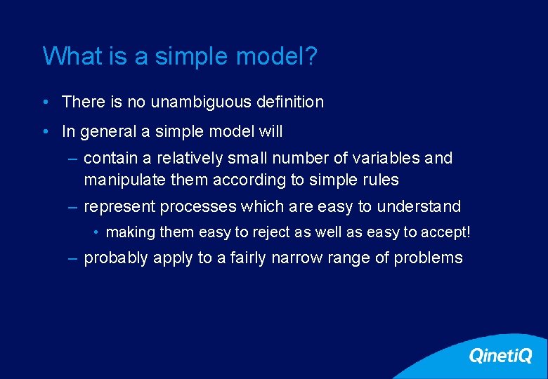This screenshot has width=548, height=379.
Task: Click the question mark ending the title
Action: [311, 56]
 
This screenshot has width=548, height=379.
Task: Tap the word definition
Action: [289, 102]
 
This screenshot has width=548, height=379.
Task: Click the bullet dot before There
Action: [45, 102]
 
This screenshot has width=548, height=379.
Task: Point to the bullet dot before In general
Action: [45, 132]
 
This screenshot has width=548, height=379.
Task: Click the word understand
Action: [419, 207]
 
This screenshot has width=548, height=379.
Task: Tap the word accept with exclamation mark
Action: [445, 232]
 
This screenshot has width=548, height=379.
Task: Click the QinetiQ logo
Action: [500, 356]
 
